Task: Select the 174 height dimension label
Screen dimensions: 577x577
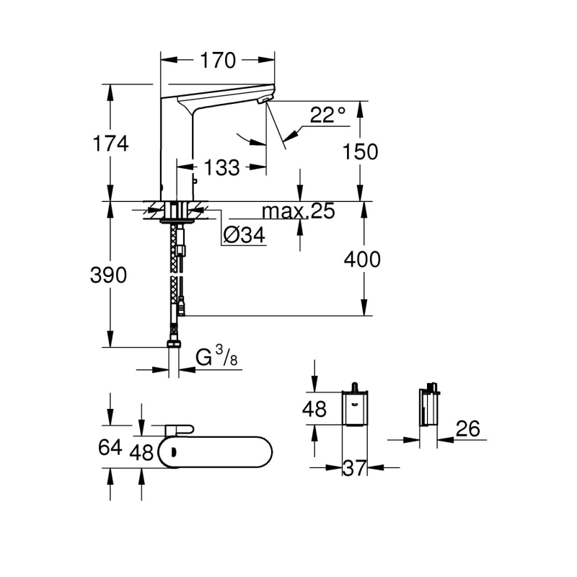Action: point(110,144)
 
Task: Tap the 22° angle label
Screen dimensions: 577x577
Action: point(328,115)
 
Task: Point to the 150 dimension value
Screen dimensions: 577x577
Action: point(360,151)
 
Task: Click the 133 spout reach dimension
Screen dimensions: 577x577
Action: point(221,168)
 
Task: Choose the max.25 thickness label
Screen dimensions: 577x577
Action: point(299,211)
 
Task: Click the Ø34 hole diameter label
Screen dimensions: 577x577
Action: point(244,236)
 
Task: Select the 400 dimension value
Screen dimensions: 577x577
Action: point(363,259)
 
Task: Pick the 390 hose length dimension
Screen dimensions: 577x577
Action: point(109,275)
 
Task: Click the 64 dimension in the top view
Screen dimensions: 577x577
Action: point(110,448)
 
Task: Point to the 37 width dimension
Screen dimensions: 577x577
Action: point(354,469)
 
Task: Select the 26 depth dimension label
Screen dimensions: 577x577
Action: point(467,430)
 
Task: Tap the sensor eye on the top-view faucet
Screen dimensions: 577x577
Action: point(173,452)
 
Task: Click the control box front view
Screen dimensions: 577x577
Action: point(354,408)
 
